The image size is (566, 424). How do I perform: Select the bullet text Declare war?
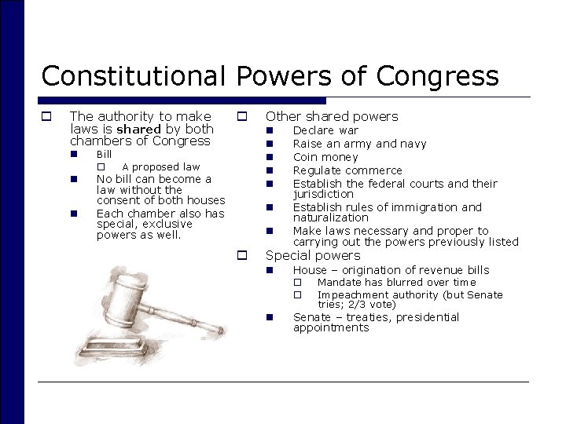[x=325, y=130]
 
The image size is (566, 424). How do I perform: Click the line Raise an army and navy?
[x=359, y=144]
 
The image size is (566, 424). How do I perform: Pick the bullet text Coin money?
[x=325, y=157]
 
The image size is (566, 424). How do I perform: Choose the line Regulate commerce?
[x=347, y=170]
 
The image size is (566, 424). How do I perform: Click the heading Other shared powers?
[x=332, y=116]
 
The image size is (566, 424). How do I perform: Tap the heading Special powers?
[x=313, y=255]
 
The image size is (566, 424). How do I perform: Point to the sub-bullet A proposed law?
[x=160, y=166]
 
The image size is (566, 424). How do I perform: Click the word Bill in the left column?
[x=104, y=155]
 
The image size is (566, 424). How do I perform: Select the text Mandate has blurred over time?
[x=396, y=282]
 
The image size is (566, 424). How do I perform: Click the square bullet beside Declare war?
[x=268, y=130]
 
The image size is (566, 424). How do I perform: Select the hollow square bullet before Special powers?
[x=243, y=255]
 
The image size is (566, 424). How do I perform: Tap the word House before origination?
[x=310, y=270]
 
